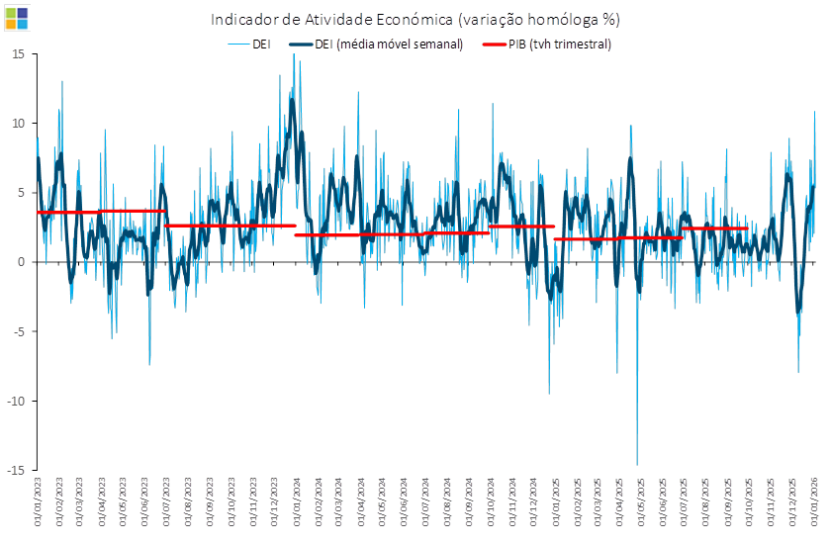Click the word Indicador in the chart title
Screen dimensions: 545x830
244,20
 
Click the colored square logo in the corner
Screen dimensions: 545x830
17,17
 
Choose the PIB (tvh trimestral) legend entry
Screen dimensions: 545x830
560,45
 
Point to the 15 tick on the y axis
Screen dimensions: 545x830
18,54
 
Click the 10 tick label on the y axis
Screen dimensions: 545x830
18,124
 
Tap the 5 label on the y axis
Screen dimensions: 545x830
21,193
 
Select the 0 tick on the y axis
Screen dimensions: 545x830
21,262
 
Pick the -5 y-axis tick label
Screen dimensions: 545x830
19,331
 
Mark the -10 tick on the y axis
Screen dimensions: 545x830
16,401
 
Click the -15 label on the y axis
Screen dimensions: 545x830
16,470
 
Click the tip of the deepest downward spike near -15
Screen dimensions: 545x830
637,464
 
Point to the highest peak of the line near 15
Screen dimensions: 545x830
294,55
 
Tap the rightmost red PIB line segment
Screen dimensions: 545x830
714,228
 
